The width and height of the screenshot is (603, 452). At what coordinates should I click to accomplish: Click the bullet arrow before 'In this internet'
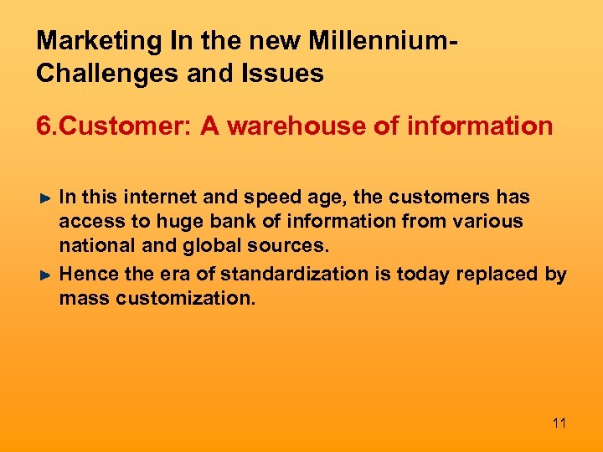click(47, 198)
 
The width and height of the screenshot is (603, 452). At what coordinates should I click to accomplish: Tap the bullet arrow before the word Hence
click(47, 275)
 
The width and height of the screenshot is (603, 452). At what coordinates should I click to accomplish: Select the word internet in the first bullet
click(159, 198)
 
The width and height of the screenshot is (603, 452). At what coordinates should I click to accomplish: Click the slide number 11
click(559, 423)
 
